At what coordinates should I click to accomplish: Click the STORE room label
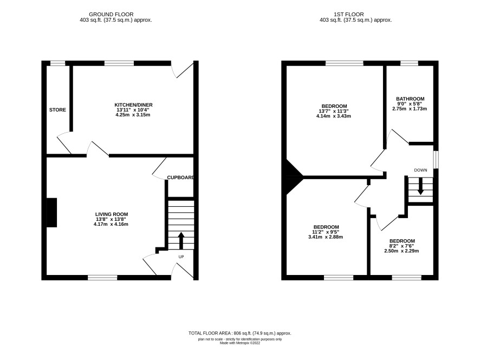(57, 110)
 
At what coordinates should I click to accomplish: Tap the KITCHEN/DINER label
(133, 105)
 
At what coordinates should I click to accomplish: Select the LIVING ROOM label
(112, 214)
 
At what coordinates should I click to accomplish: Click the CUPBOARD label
(180, 178)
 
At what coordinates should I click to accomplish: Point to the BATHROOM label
(410, 99)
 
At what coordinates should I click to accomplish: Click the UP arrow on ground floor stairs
(181, 241)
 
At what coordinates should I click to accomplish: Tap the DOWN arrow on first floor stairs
(420, 186)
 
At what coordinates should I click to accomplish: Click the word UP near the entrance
(181, 257)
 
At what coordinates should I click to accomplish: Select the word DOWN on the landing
(420, 170)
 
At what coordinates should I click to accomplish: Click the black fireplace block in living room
(51, 213)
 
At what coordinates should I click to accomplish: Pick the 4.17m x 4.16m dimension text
(111, 224)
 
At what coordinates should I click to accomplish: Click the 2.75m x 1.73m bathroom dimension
(410, 109)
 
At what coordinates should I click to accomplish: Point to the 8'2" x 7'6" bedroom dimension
(401, 246)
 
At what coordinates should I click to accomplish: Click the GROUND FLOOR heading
(111, 15)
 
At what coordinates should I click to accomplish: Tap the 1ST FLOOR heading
(349, 15)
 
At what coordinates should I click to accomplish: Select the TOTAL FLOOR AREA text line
(239, 333)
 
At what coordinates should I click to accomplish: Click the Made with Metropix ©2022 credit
(239, 343)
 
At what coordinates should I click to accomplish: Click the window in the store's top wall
(58, 63)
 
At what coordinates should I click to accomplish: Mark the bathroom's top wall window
(410, 63)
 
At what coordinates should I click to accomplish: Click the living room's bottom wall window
(102, 278)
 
